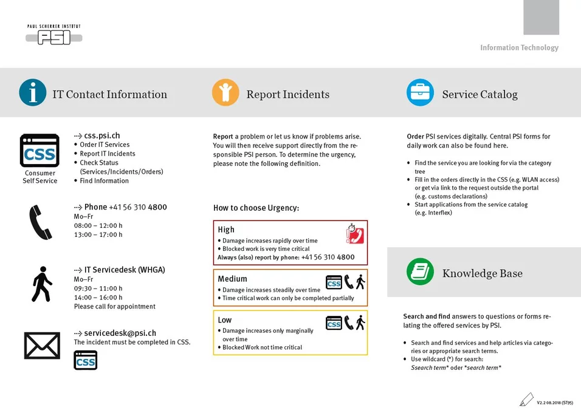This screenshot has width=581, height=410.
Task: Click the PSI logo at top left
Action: tap(53, 36)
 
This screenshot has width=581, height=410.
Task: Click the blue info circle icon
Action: tap(33, 92)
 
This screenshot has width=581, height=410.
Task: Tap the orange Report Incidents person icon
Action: tap(225, 92)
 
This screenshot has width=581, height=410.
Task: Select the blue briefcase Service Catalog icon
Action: tap(420, 92)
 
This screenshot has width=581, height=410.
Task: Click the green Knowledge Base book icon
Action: tap(420, 272)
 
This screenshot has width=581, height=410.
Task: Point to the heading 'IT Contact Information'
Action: tap(109, 95)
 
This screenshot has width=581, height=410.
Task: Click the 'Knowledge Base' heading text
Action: tap(482, 273)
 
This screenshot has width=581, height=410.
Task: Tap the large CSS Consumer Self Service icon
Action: tap(40, 151)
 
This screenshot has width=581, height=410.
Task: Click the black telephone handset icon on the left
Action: tap(40, 222)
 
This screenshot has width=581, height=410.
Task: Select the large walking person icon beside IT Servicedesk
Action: tap(41, 284)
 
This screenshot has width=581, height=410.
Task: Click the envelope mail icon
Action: tap(42, 346)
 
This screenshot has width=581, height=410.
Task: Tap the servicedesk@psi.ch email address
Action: tap(120, 333)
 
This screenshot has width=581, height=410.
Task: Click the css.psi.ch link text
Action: tap(101, 135)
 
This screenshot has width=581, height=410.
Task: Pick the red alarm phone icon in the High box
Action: tap(354, 234)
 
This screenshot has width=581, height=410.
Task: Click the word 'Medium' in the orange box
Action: tap(232, 279)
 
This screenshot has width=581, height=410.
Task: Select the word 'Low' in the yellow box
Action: tap(225, 319)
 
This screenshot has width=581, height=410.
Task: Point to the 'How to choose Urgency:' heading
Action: tap(256, 208)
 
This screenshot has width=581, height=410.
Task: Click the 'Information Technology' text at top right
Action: tap(519, 47)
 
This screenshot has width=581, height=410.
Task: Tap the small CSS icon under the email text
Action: tap(85, 360)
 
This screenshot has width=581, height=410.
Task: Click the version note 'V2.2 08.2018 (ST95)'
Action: tap(554, 402)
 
